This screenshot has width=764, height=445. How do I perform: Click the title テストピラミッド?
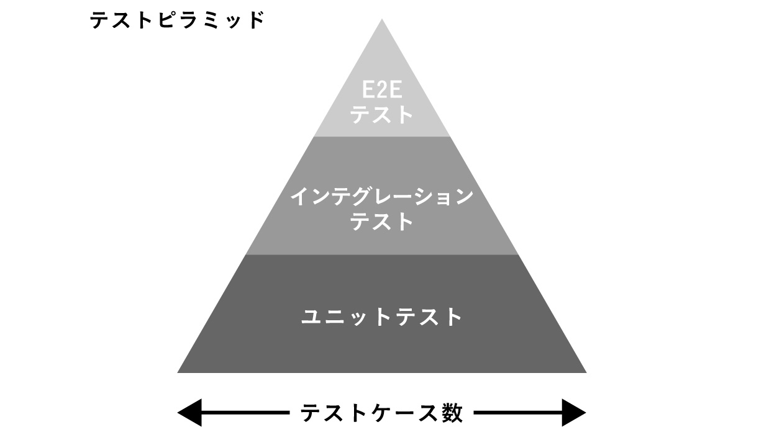pos(177,21)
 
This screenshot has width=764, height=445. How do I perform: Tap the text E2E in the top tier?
pos(382,92)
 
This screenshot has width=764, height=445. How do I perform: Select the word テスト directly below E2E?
pos(382,115)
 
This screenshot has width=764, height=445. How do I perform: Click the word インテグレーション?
pos(382,197)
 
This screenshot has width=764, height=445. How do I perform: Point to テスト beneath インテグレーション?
pos(382,222)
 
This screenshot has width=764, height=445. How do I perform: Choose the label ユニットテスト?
pos(382,317)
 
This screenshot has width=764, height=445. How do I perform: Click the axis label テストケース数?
pos(382,413)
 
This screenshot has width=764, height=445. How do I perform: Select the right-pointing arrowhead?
pos(575,413)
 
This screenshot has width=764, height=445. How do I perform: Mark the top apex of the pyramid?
pos(382,20)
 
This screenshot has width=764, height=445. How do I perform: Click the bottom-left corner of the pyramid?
pos(179,372)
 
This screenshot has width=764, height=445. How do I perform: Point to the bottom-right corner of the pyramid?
pos(585,372)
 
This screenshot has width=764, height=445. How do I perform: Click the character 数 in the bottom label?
pos(453,413)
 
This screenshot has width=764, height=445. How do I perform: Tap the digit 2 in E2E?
pos(382,92)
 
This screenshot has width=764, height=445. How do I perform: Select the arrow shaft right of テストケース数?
pos(519,413)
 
